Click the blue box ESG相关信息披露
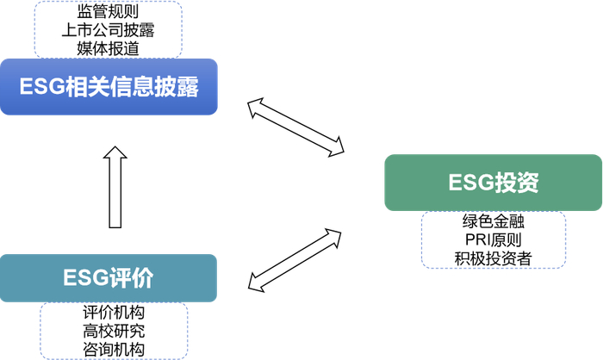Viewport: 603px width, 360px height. coord(109,87)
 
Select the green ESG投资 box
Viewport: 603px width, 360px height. coord(493,183)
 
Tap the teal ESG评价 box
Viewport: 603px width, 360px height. coord(109,278)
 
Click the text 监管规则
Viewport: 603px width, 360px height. coord(109,13)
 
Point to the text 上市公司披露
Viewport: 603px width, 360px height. coord(109,30)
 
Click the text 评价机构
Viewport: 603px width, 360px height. coord(114,313)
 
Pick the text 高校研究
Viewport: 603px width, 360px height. coord(114,331)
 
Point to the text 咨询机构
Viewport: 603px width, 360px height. coord(114,348)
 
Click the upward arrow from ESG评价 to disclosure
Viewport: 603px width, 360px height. coord(115,187)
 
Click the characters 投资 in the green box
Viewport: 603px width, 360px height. coord(516,183)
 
